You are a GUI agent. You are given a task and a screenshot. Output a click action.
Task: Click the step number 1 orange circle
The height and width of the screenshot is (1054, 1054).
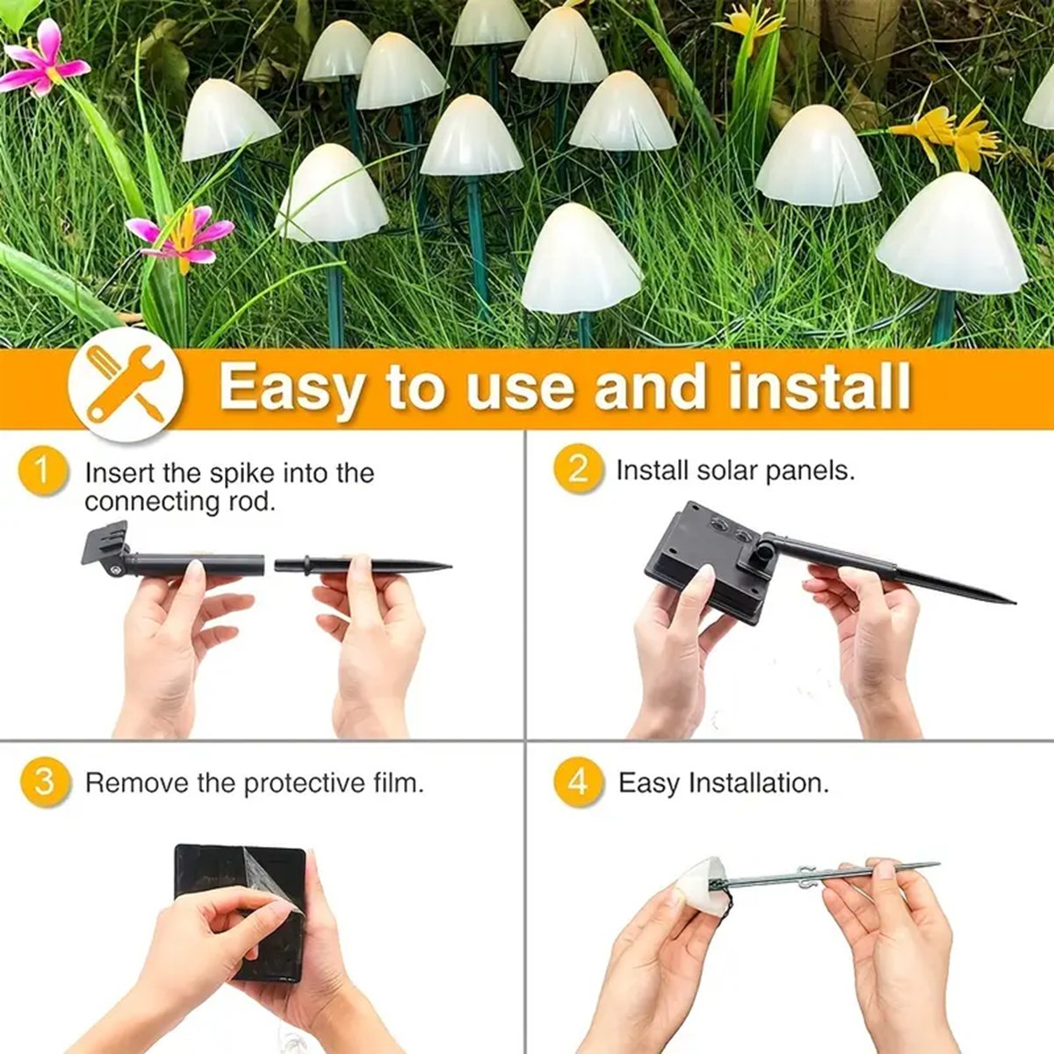click(x=42, y=471)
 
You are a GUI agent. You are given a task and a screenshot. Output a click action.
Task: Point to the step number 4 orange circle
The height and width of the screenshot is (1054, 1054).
click(x=578, y=781)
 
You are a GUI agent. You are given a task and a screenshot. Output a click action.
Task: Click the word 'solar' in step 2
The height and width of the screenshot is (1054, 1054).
click(x=728, y=470)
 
